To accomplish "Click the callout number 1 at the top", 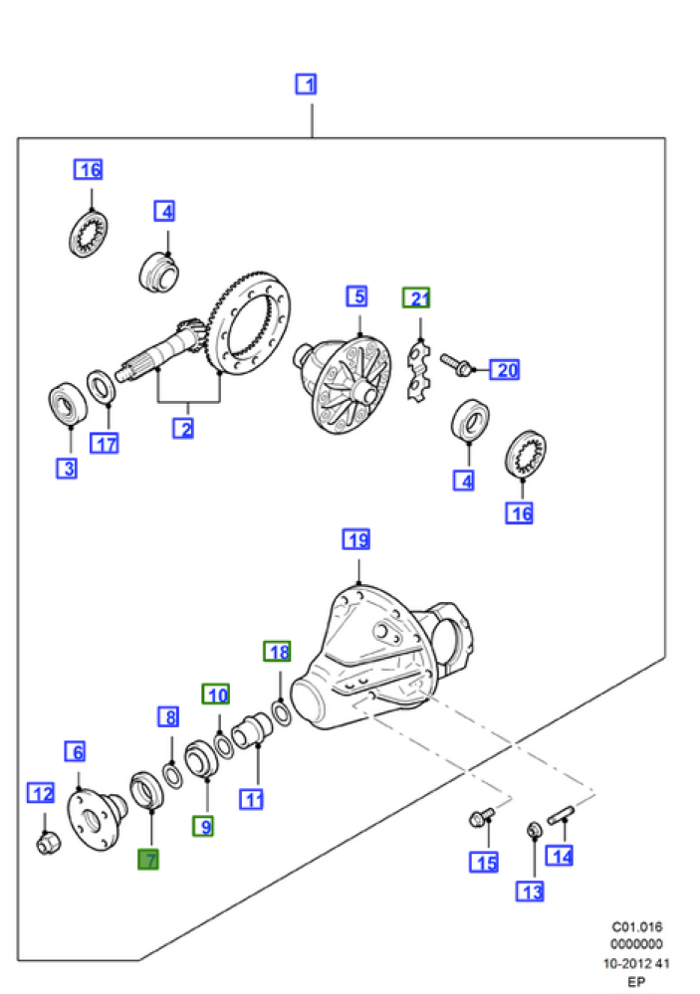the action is pos(306,84).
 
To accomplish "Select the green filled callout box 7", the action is pos(148,859).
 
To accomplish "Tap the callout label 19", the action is pos(356,539).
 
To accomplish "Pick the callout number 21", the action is pos(416,298).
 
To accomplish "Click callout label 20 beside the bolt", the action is pos(505,369).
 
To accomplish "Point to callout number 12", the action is pos(41,793).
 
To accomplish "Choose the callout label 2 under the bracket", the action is pos(183,429).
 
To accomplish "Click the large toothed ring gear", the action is pos(249,324).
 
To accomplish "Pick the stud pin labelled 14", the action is pos(561,814).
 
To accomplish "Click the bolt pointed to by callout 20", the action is pos(456,364).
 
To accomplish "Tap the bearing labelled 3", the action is pos(67,404).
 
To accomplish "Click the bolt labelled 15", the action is pos(480,819).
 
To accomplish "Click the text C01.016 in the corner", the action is pos(636,926).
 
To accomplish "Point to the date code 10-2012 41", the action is pos(636,963).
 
